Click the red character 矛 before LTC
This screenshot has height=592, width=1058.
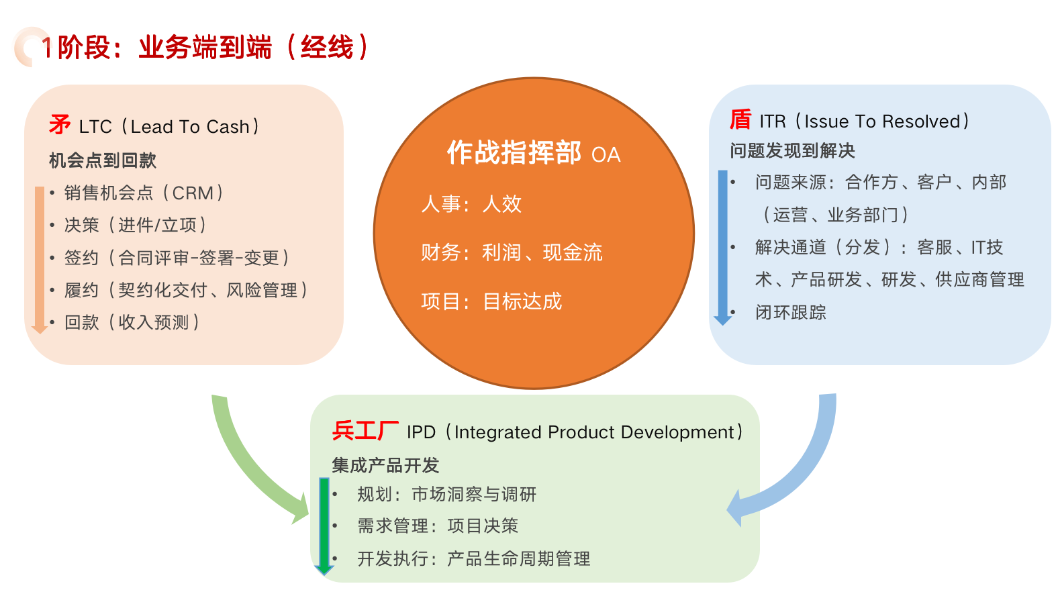click(x=60, y=125)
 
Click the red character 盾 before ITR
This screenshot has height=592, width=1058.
click(x=740, y=120)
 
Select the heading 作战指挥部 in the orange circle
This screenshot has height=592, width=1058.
click(x=514, y=152)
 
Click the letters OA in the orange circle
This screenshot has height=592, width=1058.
click(x=606, y=155)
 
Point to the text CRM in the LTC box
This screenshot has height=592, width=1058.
click(x=193, y=193)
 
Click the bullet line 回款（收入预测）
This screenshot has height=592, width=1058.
click(x=132, y=322)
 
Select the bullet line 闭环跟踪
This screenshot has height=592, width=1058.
click(x=791, y=312)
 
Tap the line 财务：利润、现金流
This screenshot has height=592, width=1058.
click(x=512, y=252)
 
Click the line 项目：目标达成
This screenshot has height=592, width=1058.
click(x=491, y=301)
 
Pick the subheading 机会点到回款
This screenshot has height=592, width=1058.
click(x=103, y=160)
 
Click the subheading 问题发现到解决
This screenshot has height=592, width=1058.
click(x=793, y=150)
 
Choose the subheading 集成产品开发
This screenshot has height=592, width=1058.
click(x=385, y=466)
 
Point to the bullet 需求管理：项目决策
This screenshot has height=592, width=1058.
click(x=438, y=526)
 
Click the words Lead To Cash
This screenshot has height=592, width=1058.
click(x=190, y=126)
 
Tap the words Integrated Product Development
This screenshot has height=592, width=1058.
click(x=594, y=432)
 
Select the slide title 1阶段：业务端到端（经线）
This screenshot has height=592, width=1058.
click(x=206, y=47)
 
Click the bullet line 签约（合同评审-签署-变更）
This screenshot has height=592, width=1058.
click(x=177, y=258)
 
